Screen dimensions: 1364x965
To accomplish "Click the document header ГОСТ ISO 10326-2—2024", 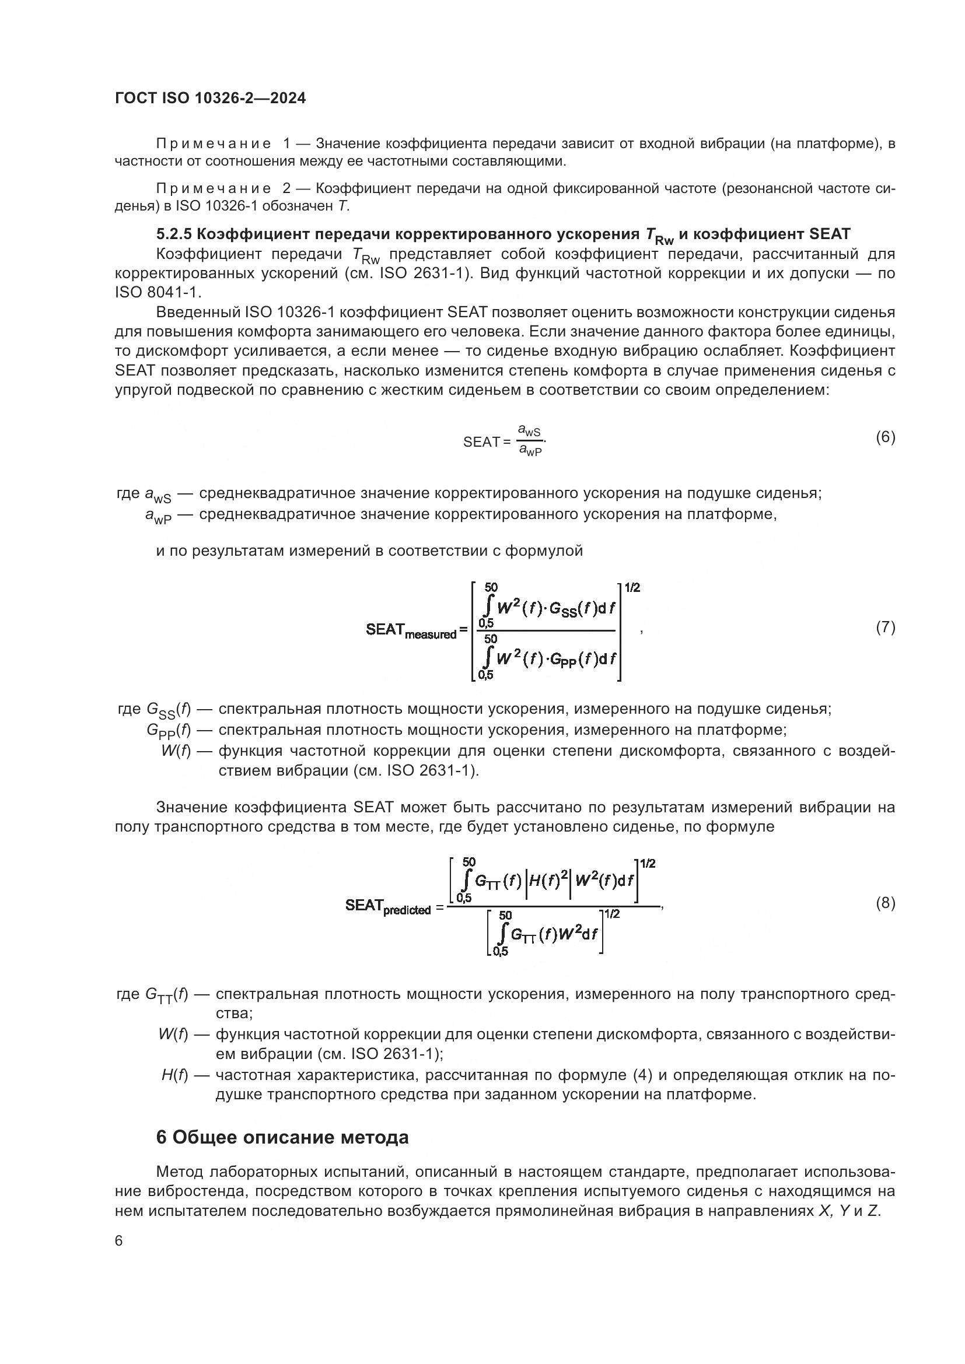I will click(x=211, y=99).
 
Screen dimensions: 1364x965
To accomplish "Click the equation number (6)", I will click(x=885, y=437).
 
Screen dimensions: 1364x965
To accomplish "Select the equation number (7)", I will click(x=885, y=627).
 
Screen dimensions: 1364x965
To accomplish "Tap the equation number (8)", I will click(x=885, y=903).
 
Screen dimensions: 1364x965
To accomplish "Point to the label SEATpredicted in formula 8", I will click(x=388, y=907).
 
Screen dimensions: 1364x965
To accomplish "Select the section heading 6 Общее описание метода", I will click(x=282, y=1137).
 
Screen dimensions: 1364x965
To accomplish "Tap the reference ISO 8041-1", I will click(x=159, y=292).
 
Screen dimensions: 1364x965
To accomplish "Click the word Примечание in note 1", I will click(x=214, y=144).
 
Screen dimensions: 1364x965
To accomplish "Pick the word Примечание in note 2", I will click(x=214, y=189).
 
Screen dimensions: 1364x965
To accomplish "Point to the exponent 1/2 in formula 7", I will click(x=632, y=588).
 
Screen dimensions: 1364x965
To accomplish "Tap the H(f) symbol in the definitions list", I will click(x=174, y=1075).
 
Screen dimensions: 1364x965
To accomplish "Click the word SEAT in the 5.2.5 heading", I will click(x=830, y=233).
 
